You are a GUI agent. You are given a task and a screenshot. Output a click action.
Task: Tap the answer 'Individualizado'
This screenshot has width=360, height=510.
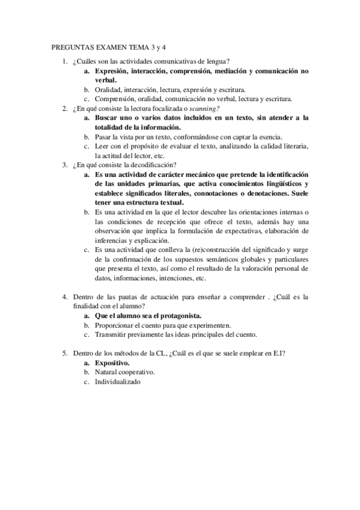click(x=117, y=381)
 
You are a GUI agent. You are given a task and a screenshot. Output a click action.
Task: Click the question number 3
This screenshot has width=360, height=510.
click(x=64, y=164)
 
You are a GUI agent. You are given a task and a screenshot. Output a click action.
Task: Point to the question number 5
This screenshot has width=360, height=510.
click(x=64, y=354)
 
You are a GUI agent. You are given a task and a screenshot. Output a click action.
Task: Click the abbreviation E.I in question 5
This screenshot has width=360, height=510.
click(x=278, y=354)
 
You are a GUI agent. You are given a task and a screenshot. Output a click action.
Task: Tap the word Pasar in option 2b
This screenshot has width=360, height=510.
click(x=103, y=137)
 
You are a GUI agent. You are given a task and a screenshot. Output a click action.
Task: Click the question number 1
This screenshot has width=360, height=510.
click(x=64, y=61)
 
